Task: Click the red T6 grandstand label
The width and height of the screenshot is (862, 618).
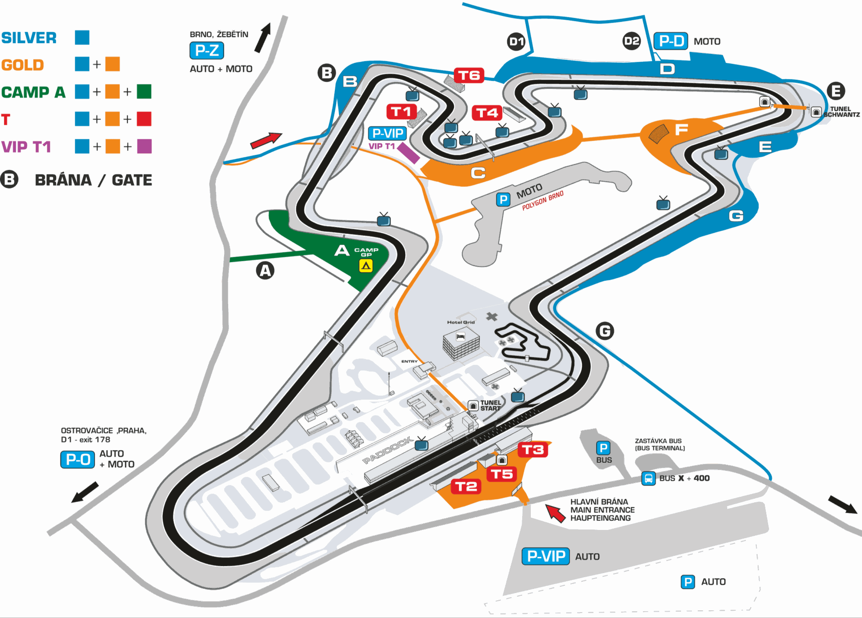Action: point(469,75)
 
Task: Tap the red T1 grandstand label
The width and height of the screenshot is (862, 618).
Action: point(401,112)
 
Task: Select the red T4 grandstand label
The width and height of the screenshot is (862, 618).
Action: point(487,113)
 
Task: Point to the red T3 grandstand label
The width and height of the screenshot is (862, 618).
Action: point(533,450)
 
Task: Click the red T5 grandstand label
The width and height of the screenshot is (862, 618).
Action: point(502,475)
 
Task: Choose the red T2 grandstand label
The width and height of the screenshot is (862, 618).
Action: point(466,487)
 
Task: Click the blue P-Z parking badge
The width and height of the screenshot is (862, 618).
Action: point(206,50)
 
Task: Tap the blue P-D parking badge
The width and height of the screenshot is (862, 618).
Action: point(671,41)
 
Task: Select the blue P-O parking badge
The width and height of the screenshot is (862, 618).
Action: point(78,459)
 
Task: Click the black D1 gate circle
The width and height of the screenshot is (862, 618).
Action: point(516,42)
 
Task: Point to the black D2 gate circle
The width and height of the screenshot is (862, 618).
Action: point(632,41)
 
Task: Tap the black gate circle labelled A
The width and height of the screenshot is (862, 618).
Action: point(265,271)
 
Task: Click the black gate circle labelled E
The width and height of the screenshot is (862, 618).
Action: point(836,91)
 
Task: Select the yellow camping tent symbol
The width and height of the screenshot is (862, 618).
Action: point(366,265)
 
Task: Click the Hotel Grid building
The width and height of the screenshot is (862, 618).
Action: point(461,343)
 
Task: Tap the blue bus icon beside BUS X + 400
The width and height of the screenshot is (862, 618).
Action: point(648,478)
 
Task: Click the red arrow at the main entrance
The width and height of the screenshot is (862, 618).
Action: point(555,513)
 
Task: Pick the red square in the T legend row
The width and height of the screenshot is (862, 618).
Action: point(144,119)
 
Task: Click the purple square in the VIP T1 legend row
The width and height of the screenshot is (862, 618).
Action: point(144,146)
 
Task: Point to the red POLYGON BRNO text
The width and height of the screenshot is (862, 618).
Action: point(543,201)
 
